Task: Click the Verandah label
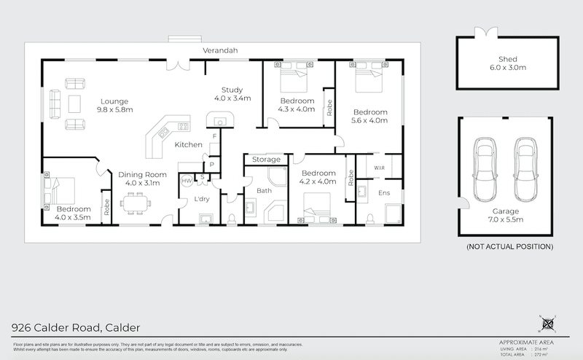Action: pyautogui.click(x=221, y=50)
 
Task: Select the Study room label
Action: pyautogui.click(x=232, y=93)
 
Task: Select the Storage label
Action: pyautogui.click(x=265, y=159)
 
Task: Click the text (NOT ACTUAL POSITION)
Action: pyautogui.click(x=509, y=248)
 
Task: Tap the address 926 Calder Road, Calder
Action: pyautogui.click(x=76, y=327)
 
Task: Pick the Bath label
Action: pyautogui.click(x=264, y=191)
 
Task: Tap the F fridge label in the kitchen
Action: pyautogui.click(x=214, y=137)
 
